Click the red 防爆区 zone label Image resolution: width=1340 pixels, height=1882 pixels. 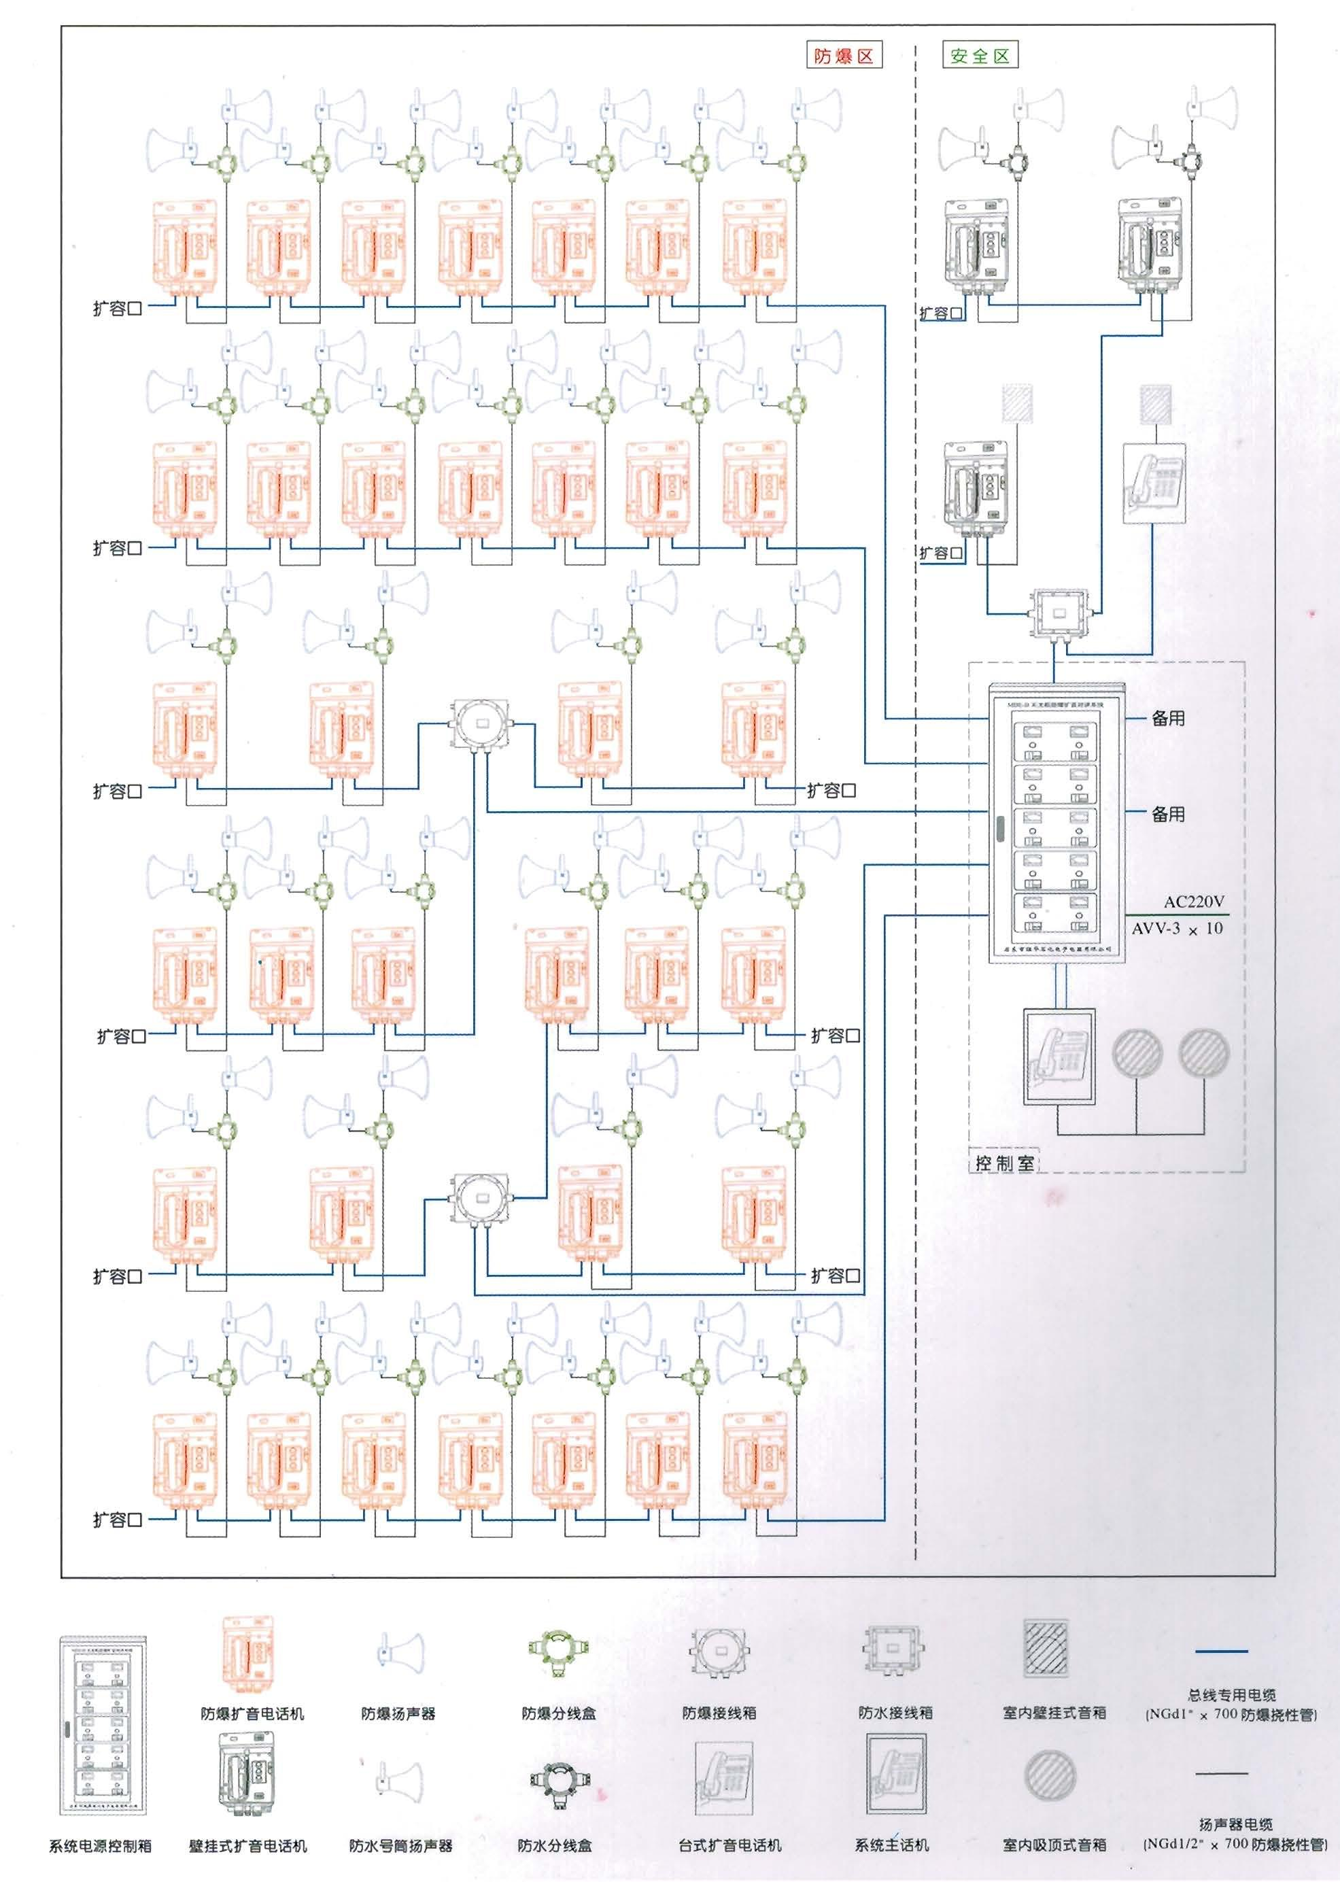click(x=843, y=56)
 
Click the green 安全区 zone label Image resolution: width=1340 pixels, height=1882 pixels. click(x=980, y=56)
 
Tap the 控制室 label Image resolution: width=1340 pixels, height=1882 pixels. click(x=1004, y=1163)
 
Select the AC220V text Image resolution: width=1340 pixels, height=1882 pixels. click(x=1194, y=902)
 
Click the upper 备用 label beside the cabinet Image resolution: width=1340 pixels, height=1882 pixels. click(x=1169, y=719)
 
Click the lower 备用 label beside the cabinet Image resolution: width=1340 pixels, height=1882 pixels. click(x=1169, y=815)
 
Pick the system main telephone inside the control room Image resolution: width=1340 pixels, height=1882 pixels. click(x=1059, y=1056)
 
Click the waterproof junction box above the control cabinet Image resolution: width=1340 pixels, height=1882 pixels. click(x=1059, y=612)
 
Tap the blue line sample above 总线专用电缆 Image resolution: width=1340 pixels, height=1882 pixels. click(x=1221, y=1651)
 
